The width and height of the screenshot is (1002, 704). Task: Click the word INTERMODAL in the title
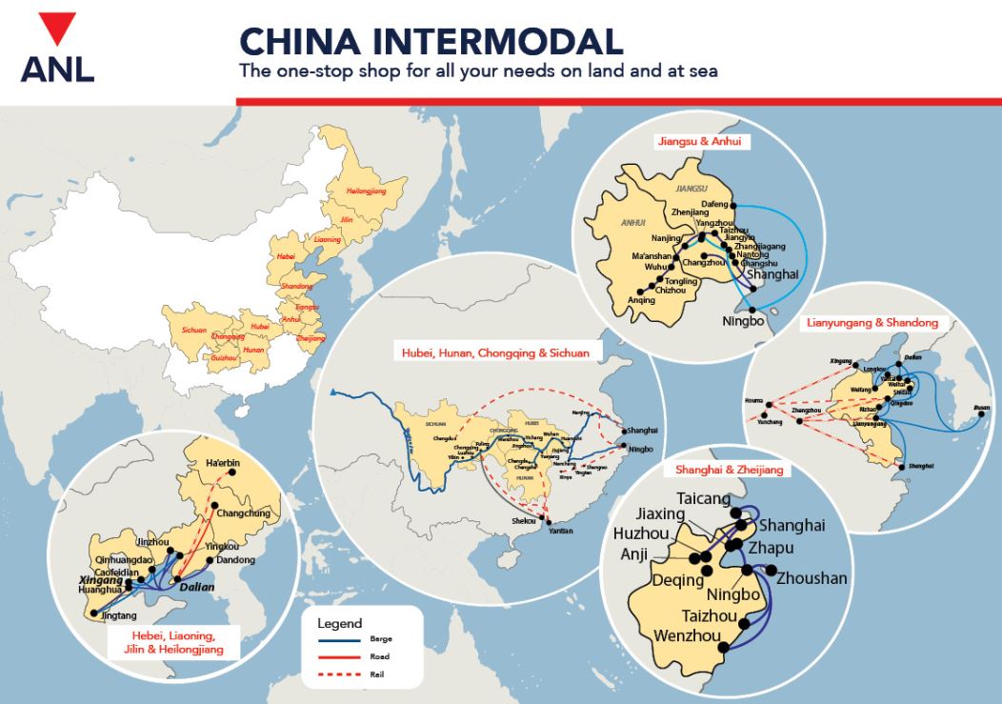click(493, 41)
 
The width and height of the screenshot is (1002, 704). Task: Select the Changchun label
click(244, 513)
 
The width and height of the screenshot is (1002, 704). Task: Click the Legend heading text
click(339, 623)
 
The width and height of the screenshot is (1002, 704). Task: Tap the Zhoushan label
click(812, 578)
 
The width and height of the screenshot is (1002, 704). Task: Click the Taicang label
click(703, 498)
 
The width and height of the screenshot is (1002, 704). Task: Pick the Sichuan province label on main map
click(181, 329)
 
